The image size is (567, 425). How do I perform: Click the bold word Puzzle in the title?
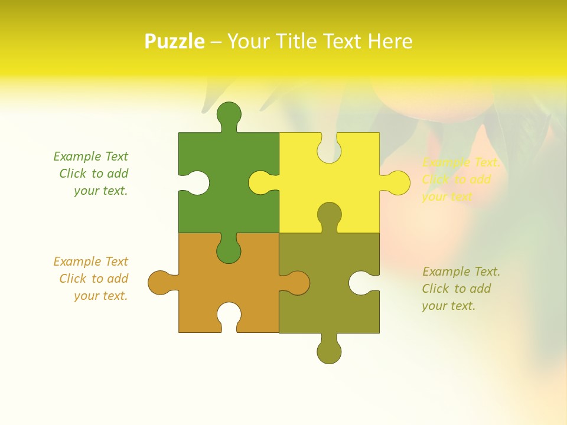click(x=174, y=41)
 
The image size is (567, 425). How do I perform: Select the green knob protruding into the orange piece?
click(x=229, y=251)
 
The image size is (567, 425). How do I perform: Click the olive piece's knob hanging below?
click(x=329, y=351)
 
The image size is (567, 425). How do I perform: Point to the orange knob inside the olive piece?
click(x=297, y=283)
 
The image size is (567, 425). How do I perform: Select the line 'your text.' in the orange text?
click(x=100, y=296)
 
